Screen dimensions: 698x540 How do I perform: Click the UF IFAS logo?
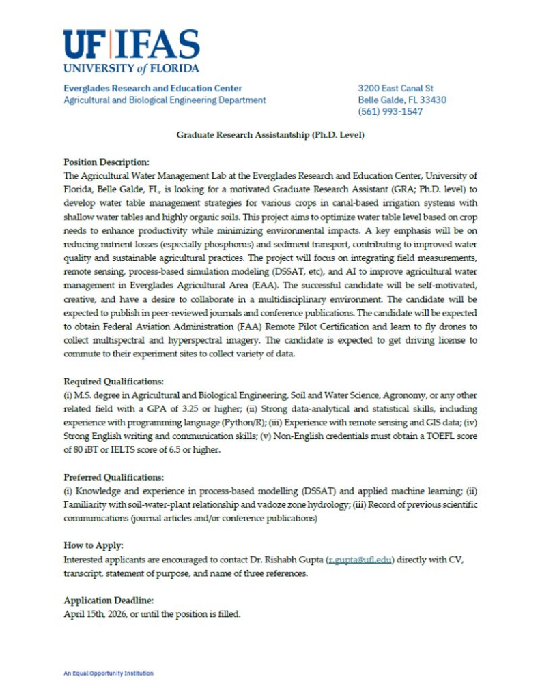point(131,51)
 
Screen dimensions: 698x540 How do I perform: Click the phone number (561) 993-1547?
point(390,112)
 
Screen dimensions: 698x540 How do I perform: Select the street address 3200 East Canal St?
point(396,88)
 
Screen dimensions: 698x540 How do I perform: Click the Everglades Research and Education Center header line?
point(152,88)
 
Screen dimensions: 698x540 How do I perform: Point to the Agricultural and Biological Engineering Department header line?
point(165,100)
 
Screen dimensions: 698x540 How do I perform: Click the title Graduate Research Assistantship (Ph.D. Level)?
point(270,136)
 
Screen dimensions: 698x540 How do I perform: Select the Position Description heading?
point(106,162)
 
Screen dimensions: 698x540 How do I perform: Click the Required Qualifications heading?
point(113,381)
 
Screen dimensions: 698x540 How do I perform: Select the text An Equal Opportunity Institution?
point(109,673)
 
